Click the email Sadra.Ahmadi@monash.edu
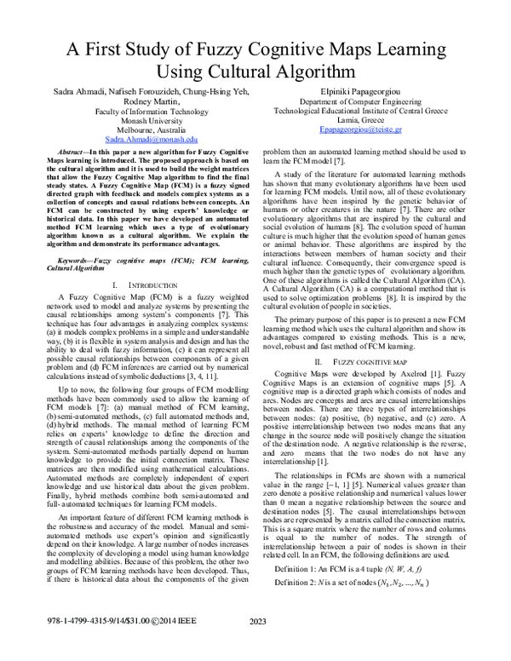[152, 138]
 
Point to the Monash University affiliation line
[152, 120]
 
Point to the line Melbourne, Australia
[152, 129]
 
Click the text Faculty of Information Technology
[152, 111]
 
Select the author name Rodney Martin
[152, 101]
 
